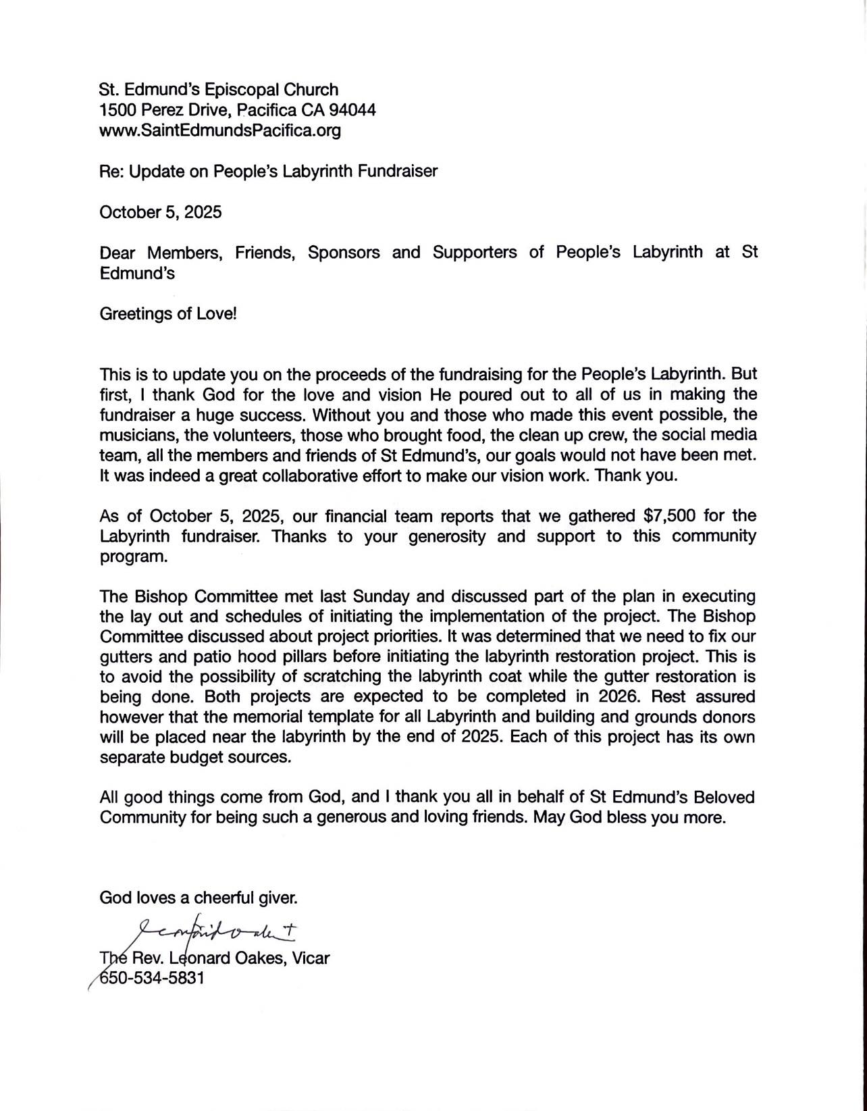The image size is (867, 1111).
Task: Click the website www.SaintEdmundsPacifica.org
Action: [219, 130]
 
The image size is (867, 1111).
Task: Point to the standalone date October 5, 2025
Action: [160, 212]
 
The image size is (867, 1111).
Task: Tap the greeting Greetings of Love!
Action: [168, 314]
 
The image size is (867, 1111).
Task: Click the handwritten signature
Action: [216, 933]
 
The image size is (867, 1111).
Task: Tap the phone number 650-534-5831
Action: [152, 978]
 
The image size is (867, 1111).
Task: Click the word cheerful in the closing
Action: [221, 898]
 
